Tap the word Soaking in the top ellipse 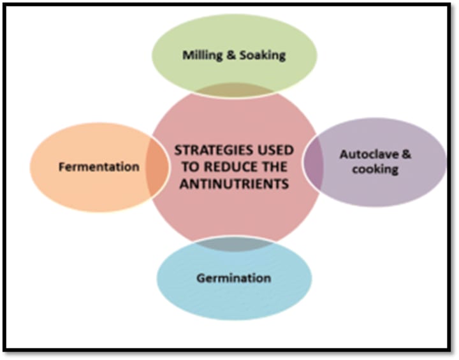(262, 55)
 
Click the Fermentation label (99, 167)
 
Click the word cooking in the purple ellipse (378, 169)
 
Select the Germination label (233, 278)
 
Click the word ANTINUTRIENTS (235, 184)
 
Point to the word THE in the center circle (274, 168)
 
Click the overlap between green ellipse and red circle (234, 89)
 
